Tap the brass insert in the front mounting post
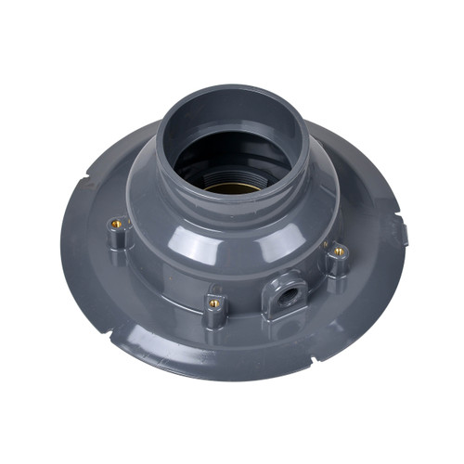[213, 303]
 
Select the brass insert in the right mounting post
[339, 251]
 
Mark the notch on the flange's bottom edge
[313, 359]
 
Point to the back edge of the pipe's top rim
[232, 89]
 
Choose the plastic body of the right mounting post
[337, 266]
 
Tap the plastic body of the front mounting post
[214, 316]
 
